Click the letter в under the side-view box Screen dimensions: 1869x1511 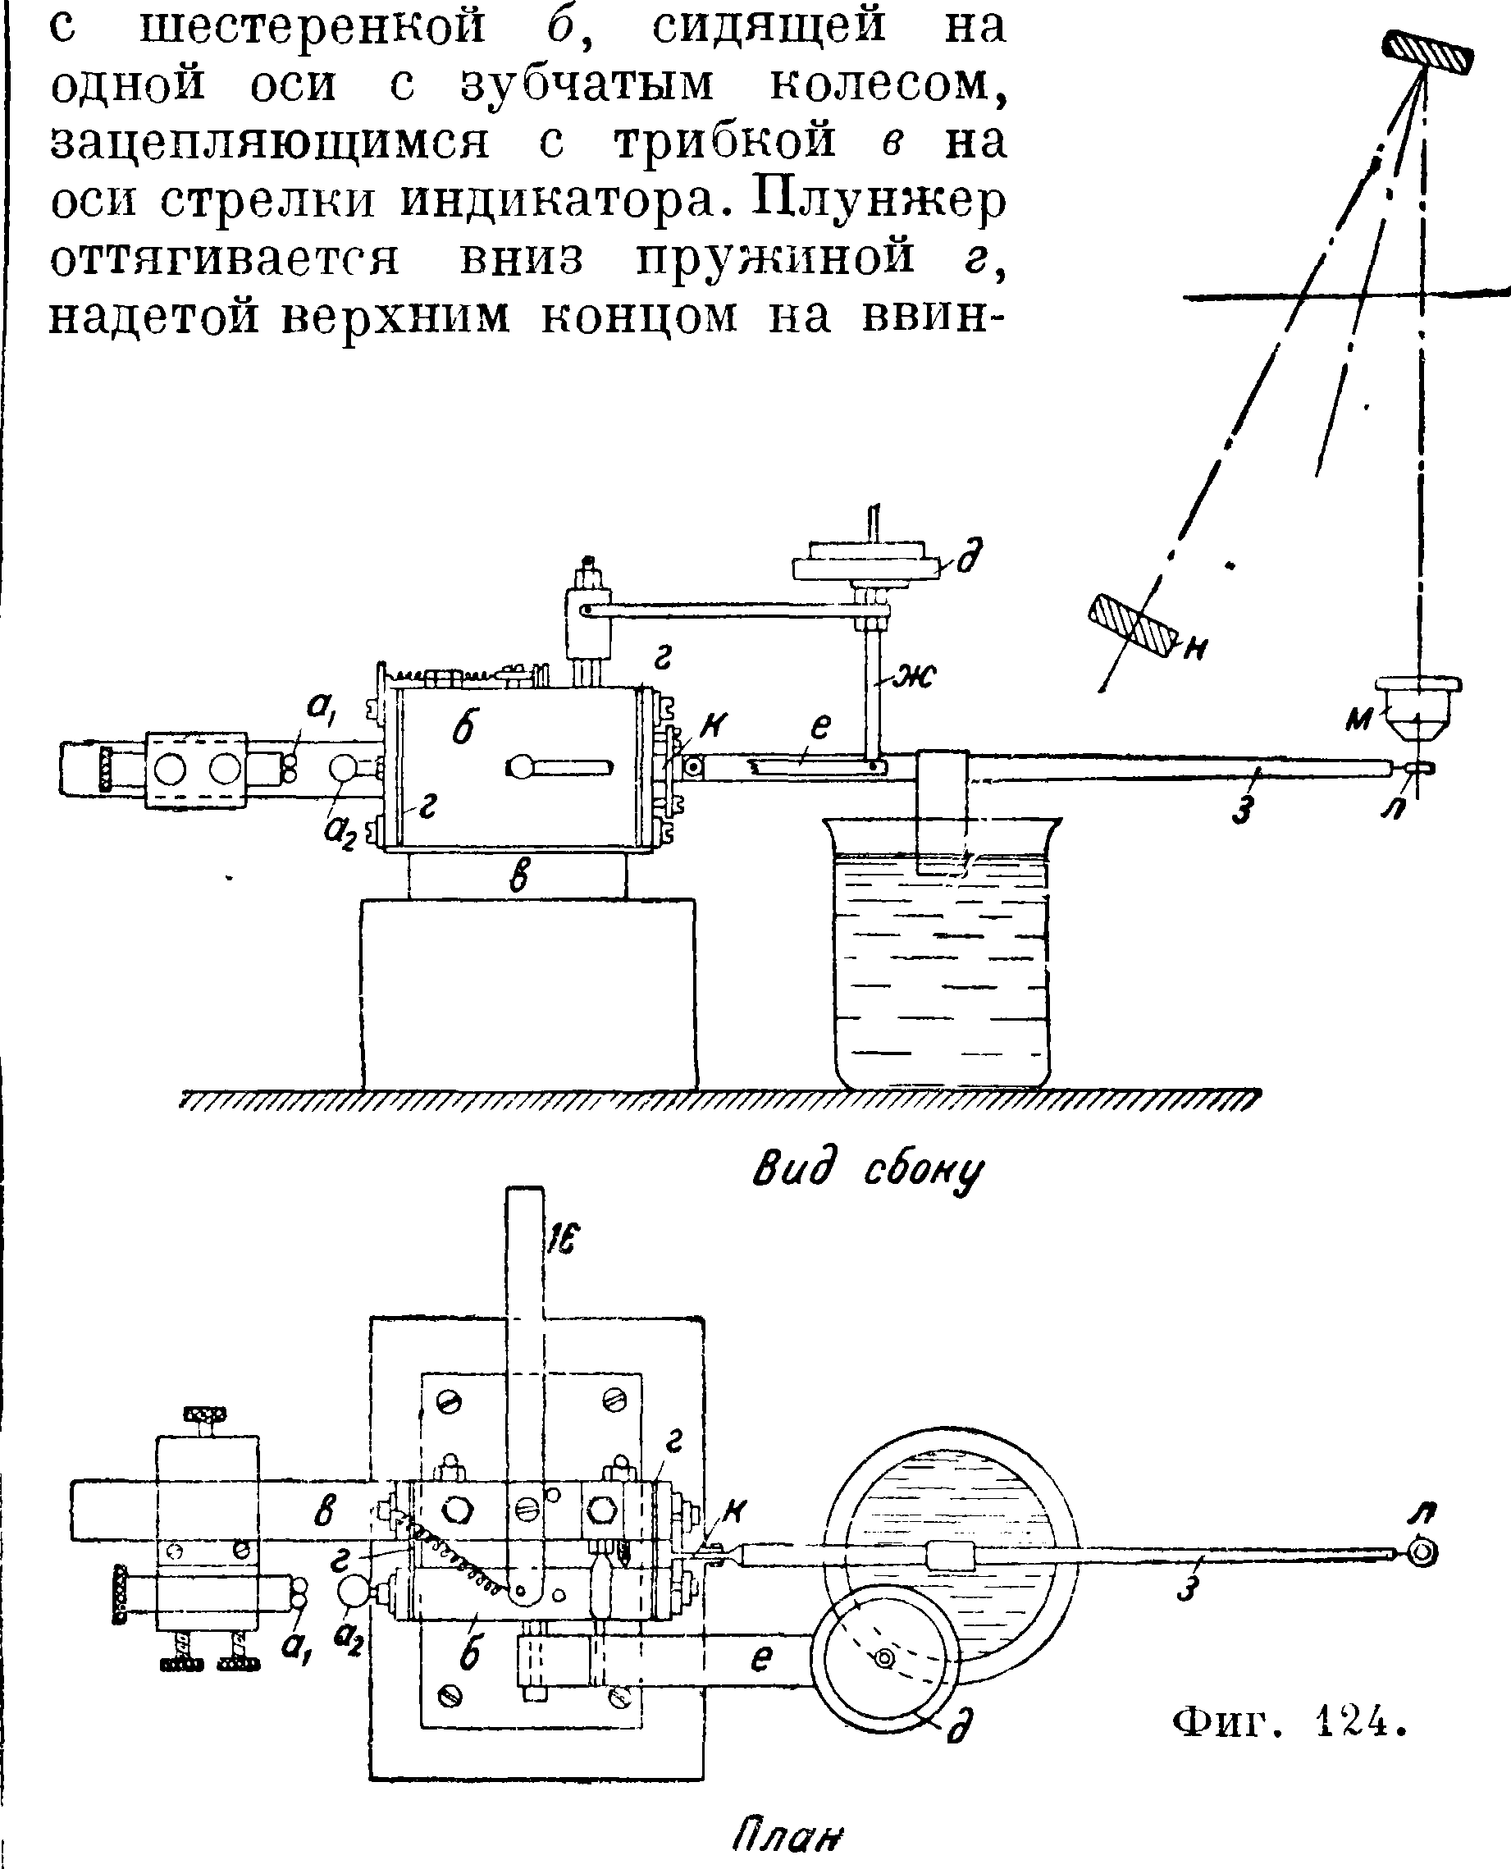pyautogui.click(x=518, y=875)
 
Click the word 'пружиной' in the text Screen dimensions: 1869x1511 pyautogui.click(x=774, y=258)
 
